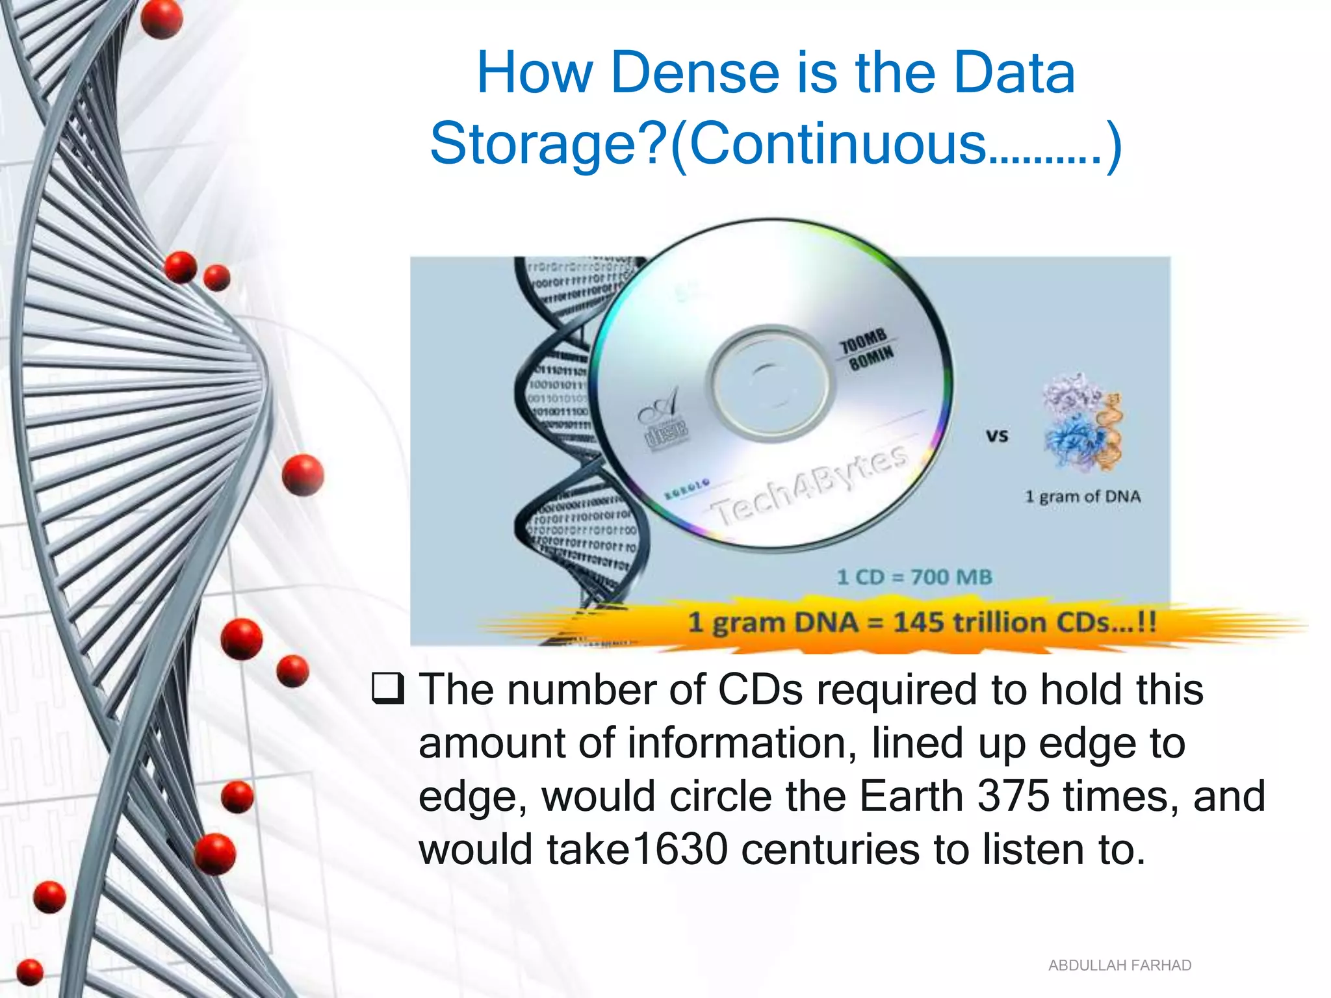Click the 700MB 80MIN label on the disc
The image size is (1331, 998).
(x=867, y=350)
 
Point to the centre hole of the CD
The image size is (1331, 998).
(x=771, y=383)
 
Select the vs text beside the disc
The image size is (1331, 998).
(x=996, y=435)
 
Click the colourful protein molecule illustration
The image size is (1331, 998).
(x=1081, y=422)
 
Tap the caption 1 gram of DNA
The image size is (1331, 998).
(x=1082, y=496)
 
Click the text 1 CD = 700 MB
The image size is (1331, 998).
(x=914, y=577)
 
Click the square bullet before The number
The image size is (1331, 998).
(x=388, y=689)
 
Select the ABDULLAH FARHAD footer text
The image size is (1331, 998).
(x=1119, y=966)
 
